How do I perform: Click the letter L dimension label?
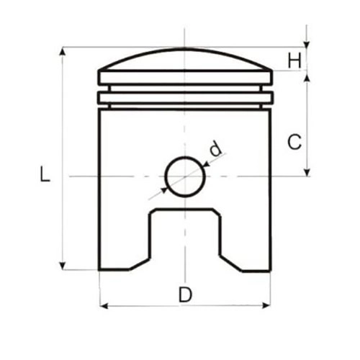click(45, 174)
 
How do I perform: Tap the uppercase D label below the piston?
click(185, 294)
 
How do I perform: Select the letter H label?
click(294, 60)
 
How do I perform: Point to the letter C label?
click(294, 142)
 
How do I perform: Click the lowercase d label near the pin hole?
click(215, 149)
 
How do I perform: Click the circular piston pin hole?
click(185, 176)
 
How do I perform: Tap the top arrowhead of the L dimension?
click(62, 52)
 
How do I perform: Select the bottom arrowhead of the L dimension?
click(62, 266)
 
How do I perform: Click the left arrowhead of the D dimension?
click(104, 306)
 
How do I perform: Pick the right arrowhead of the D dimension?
click(266, 305)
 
